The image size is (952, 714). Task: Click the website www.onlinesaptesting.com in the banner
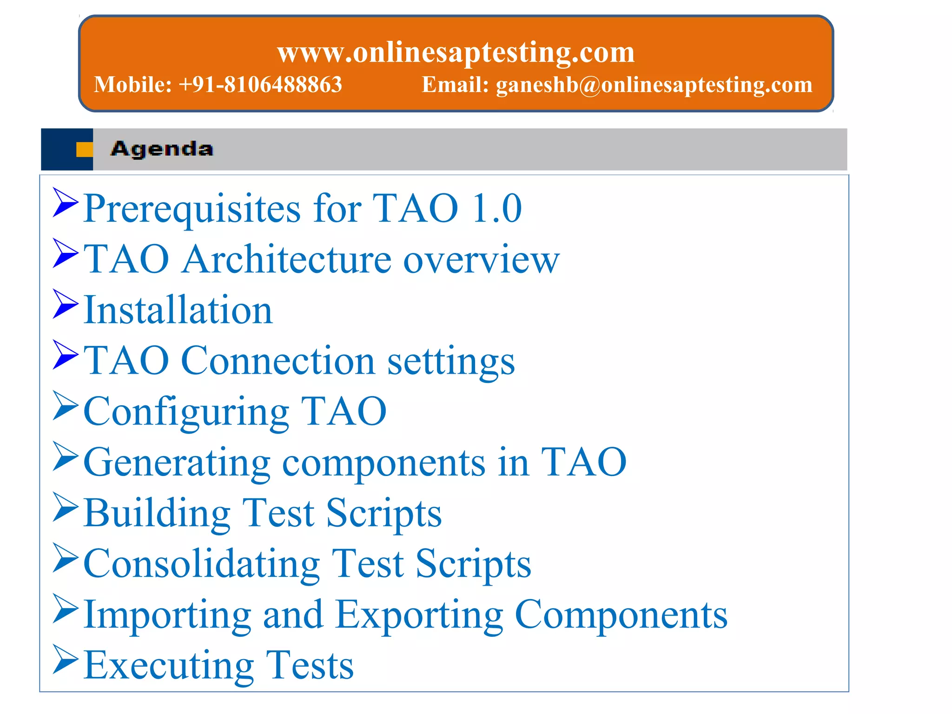tap(456, 52)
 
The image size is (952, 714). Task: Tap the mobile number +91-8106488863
tap(260, 85)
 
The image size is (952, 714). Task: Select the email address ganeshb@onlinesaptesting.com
tap(654, 85)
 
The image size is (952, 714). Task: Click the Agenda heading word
tap(162, 149)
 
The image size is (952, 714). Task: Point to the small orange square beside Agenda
tap(84, 149)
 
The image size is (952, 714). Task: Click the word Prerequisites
tap(192, 209)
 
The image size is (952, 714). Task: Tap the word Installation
tap(178, 310)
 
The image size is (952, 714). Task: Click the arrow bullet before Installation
tap(65, 304)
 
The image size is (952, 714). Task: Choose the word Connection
tap(278, 361)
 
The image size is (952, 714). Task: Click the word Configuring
tap(186, 412)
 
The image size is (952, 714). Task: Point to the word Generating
tap(177, 463)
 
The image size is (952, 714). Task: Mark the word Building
tap(157, 513)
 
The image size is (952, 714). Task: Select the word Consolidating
tap(202, 564)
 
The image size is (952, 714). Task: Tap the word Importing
tap(167, 615)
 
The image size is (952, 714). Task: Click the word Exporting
tap(419, 615)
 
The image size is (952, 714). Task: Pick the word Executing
tap(169, 666)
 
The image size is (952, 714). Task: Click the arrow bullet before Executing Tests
tap(65, 659)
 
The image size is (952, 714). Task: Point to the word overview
tap(481, 259)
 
